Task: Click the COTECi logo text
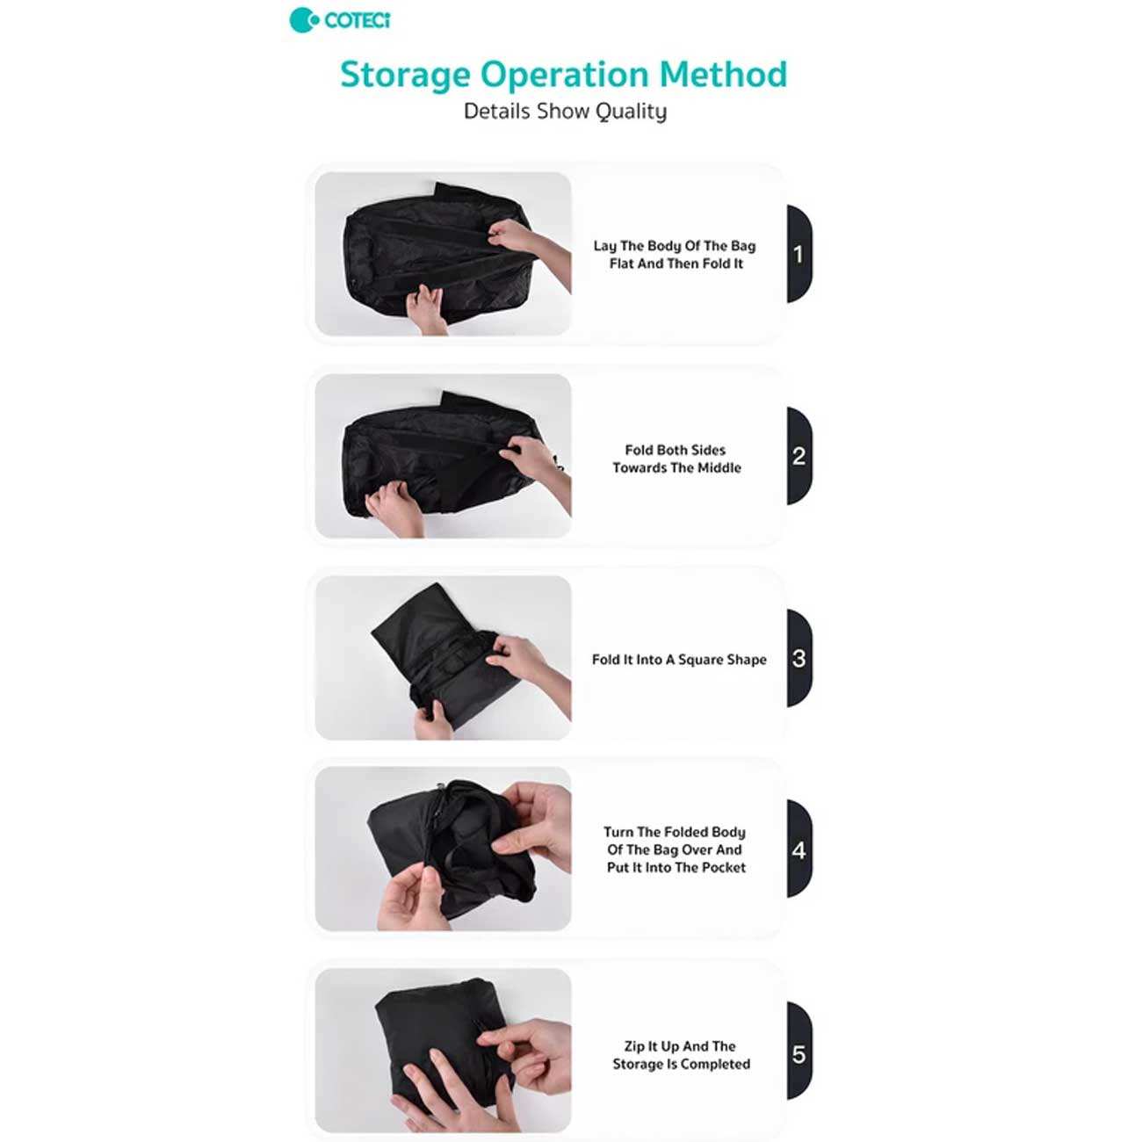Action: (358, 21)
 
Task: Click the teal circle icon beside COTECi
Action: (302, 20)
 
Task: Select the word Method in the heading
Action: (723, 74)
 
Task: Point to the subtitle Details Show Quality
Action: (565, 112)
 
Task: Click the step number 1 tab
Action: (799, 254)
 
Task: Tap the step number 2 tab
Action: (799, 456)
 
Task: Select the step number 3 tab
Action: (799, 658)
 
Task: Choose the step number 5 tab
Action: (799, 1052)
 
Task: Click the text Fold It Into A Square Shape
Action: (679, 660)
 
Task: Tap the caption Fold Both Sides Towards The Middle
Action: (676, 459)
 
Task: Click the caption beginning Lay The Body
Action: (675, 255)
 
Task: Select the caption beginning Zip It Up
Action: (681, 1055)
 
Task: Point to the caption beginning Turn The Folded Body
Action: (676, 849)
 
